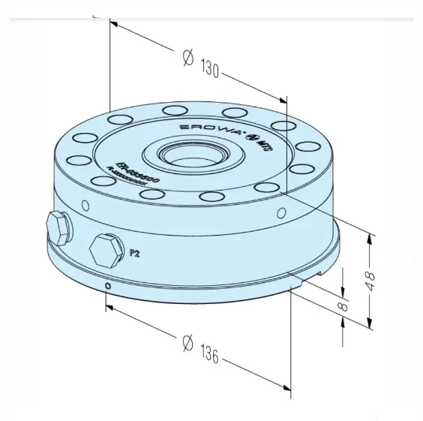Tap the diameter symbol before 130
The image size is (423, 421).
tap(188, 58)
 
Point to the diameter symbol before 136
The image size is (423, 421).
tap(187, 342)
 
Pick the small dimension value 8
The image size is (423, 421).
tap(343, 305)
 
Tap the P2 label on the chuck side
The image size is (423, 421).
tap(135, 253)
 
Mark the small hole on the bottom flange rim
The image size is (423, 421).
tap(109, 286)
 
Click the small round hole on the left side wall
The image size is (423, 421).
tap(85, 205)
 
